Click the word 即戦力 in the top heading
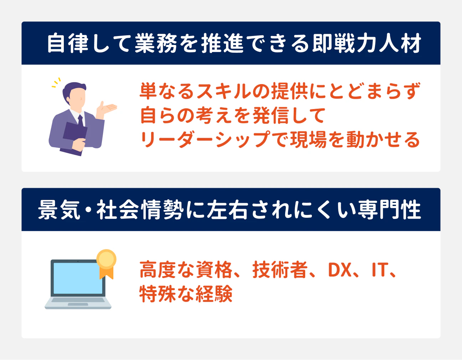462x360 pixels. (345, 43)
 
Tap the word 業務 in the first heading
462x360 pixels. (155, 43)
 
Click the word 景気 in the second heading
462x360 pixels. (59, 210)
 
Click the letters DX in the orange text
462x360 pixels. (339, 270)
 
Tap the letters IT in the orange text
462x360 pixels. (379, 270)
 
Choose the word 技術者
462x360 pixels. (280, 270)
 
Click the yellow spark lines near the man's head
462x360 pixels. (56, 83)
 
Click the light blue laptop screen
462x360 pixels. (78, 278)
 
